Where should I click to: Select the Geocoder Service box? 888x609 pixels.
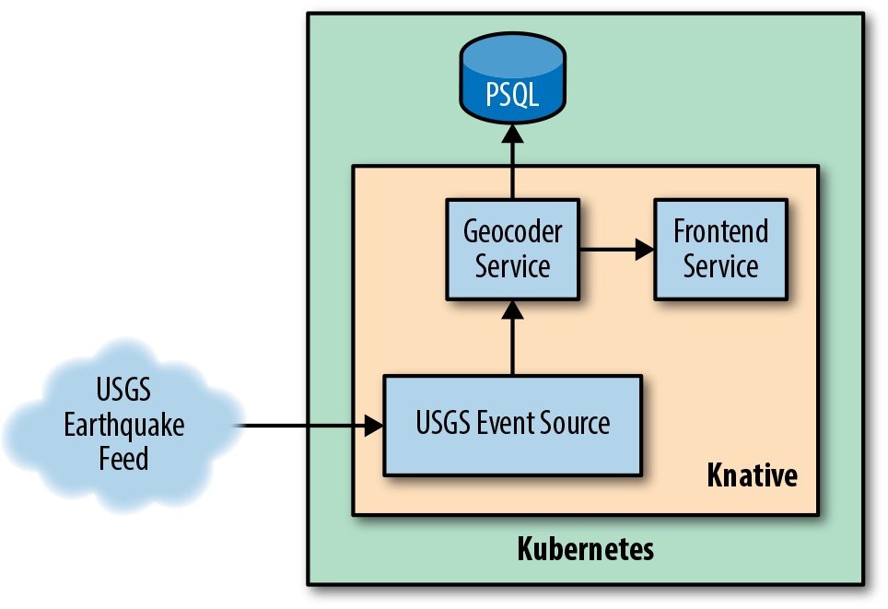pyautogui.click(x=512, y=248)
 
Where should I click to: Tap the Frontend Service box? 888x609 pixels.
pyautogui.click(x=721, y=248)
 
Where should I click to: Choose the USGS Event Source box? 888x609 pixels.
pyautogui.click(x=512, y=424)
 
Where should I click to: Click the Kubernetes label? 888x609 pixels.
pyautogui.click(x=585, y=549)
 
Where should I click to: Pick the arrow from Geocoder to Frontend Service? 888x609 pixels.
pyautogui.click(x=615, y=249)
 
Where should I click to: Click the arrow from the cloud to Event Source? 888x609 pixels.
pyautogui.click(x=309, y=426)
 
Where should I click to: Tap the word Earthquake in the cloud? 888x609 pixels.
pyautogui.click(x=123, y=426)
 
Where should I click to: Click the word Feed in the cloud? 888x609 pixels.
pyautogui.click(x=123, y=457)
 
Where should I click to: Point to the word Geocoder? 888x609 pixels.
pyautogui.click(x=512, y=230)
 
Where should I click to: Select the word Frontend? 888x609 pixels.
pyautogui.click(x=721, y=230)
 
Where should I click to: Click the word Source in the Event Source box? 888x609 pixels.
pyautogui.click(x=571, y=424)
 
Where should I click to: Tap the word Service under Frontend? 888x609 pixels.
pyautogui.click(x=721, y=266)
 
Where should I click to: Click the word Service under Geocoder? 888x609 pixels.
pyautogui.click(x=512, y=266)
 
